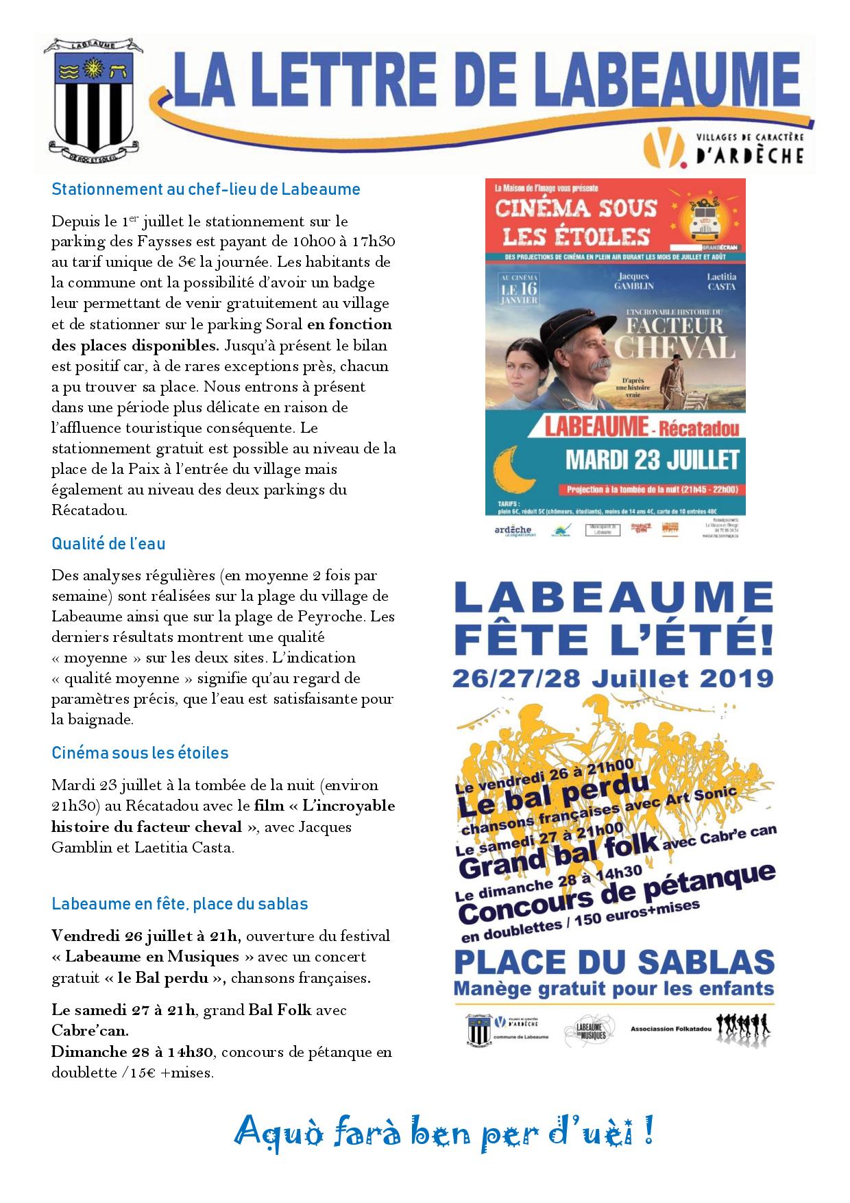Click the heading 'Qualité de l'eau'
pos(108,544)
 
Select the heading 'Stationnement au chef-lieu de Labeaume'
pos(206,189)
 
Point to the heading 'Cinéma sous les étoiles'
pos(140,753)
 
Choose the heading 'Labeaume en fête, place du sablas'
pos(180,904)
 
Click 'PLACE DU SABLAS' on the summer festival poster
pos(614,962)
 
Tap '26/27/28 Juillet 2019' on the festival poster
pos(613,679)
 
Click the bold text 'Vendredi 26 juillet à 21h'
pos(145,936)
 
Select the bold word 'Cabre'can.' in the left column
pos(90,1031)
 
